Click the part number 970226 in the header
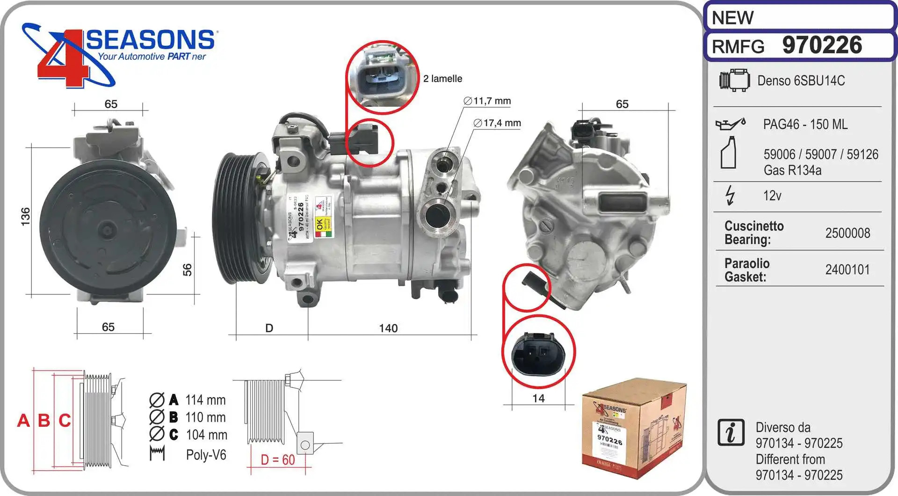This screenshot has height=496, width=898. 822,45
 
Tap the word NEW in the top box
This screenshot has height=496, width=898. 732,18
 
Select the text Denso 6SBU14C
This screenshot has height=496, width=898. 801,81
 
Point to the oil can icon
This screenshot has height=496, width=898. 730,124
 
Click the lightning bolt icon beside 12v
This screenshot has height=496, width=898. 730,195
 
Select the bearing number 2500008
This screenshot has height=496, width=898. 847,233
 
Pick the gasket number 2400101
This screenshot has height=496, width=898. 847,270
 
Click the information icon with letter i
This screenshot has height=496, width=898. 731,432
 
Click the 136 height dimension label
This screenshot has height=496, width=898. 26,217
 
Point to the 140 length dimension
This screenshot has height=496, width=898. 388,328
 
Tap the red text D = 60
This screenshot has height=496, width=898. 278,460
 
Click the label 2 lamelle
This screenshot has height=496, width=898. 442,79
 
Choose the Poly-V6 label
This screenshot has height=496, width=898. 206,455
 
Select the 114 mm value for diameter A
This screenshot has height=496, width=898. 205,400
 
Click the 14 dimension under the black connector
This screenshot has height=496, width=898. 538,399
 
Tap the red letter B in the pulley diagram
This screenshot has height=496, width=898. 44,420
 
